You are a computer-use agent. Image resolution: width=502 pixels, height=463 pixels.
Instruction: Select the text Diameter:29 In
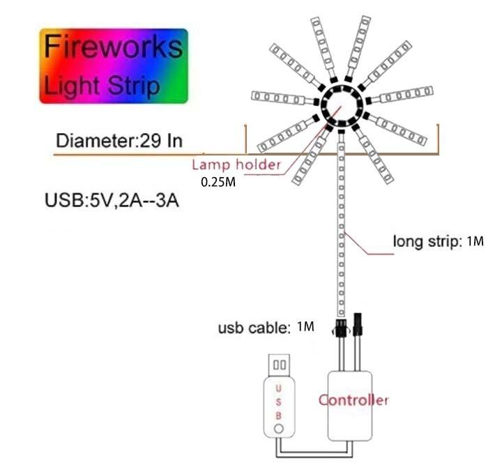[x=119, y=140]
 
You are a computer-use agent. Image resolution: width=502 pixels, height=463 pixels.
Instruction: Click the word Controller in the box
[x=353, y=400]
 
